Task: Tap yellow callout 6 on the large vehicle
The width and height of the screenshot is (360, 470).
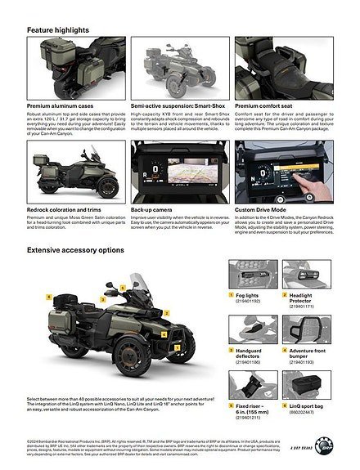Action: pos(48,295)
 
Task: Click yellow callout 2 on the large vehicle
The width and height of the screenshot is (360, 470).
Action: pos(167,312)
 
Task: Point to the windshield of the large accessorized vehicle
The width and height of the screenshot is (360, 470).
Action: pos(138,289)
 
